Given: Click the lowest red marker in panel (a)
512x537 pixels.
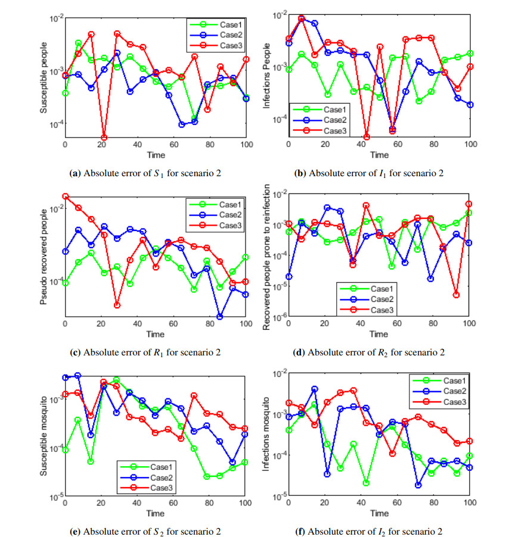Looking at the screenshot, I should tap(104, 138).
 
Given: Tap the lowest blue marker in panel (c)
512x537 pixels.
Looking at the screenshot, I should tap(220, 316).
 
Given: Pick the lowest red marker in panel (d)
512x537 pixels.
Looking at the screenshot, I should tap(456, 295).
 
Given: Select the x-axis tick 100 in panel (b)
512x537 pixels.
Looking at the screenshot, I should tap(470, 145).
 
